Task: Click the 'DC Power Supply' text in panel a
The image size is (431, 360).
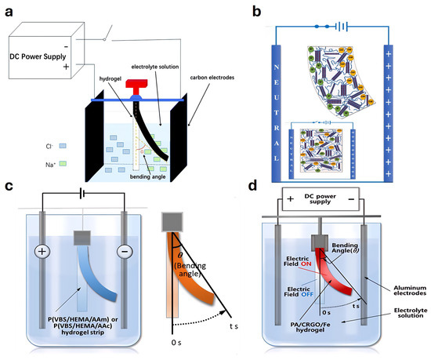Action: click(41, 60)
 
